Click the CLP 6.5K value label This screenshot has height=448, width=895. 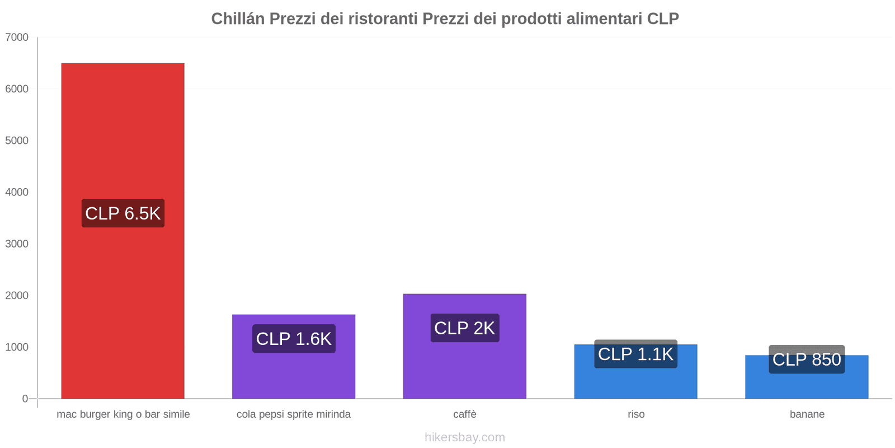click(x=123, y=213)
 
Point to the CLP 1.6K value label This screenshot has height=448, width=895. click(x=294, y=339)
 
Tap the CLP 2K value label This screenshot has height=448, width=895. click(x=464, y=328)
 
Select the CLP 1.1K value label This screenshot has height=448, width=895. click(x=635, y=354)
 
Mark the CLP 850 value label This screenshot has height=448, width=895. click(x=807, y=360)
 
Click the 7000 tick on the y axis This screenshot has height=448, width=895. click(x=17, y=38)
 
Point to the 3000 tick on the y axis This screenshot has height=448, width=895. click(x=17, y=244)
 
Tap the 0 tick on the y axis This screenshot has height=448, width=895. click(x=25, y=399)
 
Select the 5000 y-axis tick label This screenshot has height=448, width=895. click(x=17, y=141)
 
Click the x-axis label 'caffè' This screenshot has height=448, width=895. click(x=465, y=414)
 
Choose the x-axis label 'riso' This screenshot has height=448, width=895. click(x=636, y=414)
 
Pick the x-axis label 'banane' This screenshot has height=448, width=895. click(x=807, y=414)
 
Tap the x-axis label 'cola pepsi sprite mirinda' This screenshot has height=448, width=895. click(x=294, y=414)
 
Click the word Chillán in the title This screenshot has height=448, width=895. click(x=238, y=19)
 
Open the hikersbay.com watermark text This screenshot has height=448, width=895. click(x=465, y=437)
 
